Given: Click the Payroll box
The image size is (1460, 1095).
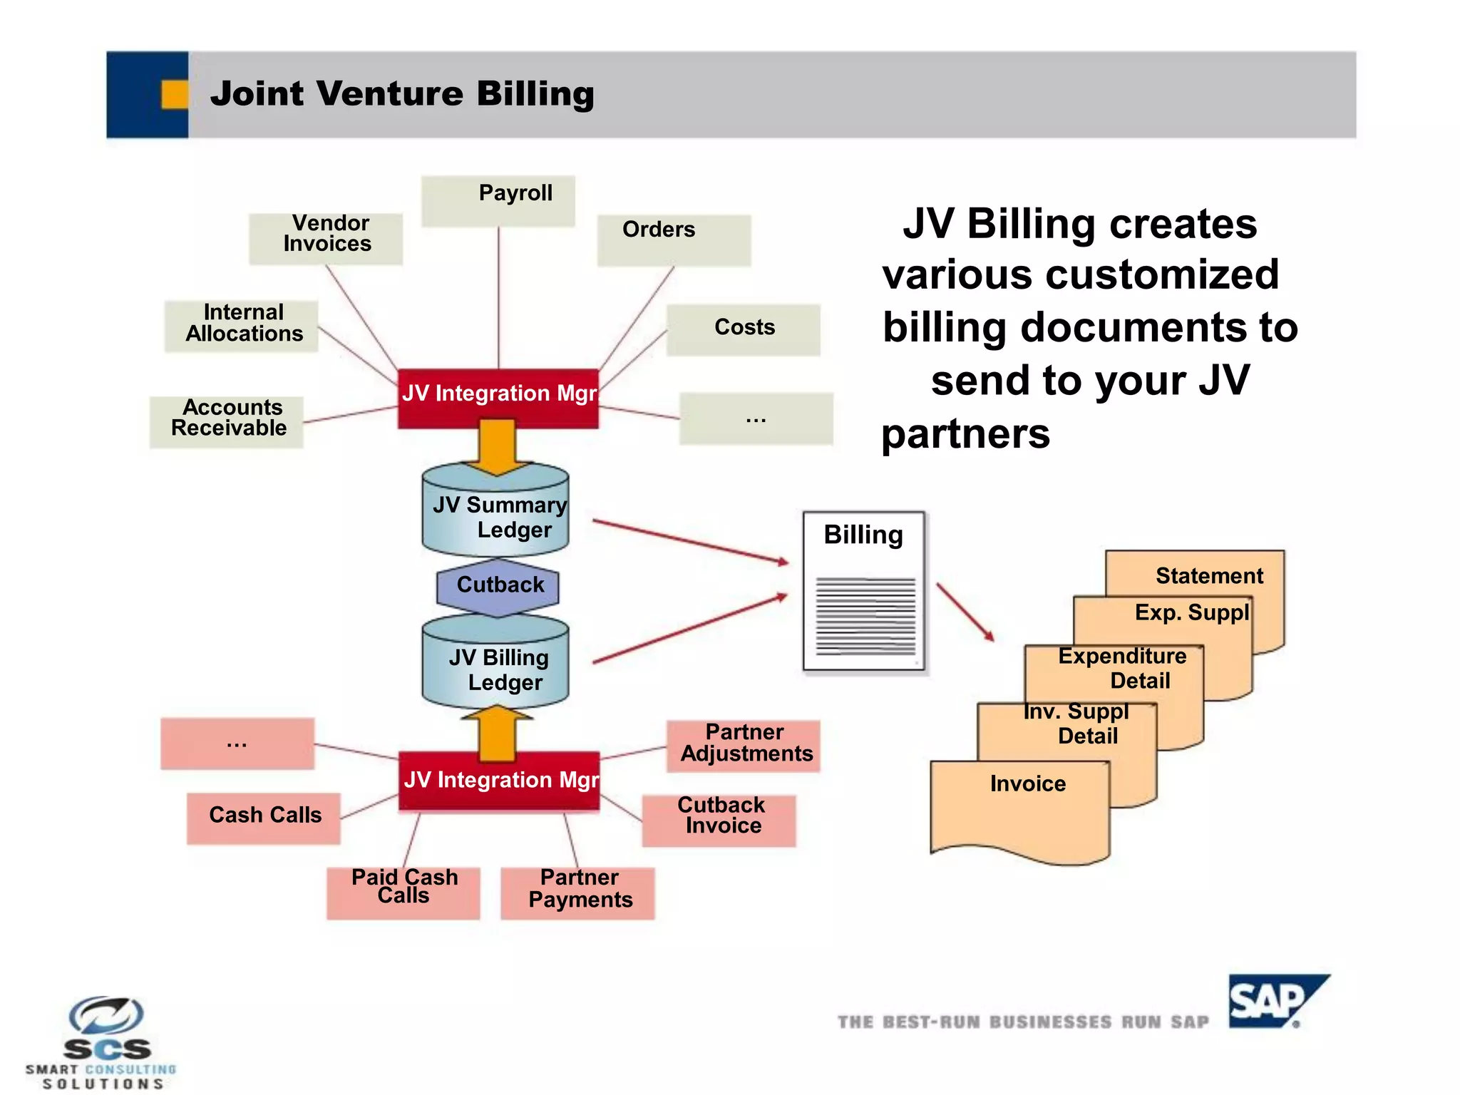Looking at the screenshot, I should pyautogui.click(x=498, y=200).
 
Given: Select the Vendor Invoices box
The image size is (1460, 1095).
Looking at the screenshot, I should pyautogui.click(x=326, y=238).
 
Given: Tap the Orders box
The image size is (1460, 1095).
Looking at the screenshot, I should pyautogui.click(x=674, y=240).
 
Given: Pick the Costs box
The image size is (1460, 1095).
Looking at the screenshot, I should pyautogui.click(x=743, y=329).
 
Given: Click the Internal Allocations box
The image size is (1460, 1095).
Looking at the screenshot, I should pyautogui.click(x=241, y=325).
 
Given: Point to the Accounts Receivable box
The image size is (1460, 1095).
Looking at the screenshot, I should pyautogui.click(x=227, y=421).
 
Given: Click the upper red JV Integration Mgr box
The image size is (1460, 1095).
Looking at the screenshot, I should pyautogui.click(x=498, y=398).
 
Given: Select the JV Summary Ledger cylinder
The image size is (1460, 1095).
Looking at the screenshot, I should pyautogui.click(x=495, y=516).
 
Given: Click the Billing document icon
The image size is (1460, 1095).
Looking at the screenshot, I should pyautogui.click(x=864, y=592).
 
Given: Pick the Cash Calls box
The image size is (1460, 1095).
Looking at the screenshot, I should pyautogui.click(x=264, y=817).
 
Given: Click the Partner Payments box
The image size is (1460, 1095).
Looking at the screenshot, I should pyautogui.click(x=577, y=892).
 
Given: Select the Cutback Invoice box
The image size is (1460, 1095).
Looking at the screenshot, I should pyautogui.click(x=719, y=820).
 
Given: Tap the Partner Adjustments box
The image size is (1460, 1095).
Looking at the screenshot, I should pyautogui.click(x=744, y=746).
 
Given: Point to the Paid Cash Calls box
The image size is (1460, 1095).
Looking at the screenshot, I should pyautogui.click(x=403, y=892).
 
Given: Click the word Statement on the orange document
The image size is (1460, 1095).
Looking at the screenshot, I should pyautogui.click(x=1208, y=575).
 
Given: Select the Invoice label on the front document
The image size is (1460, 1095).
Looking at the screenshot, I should pyautogui.click(x=1027, y=783).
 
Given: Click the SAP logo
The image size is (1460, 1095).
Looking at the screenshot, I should pyautogui.click(x=1275, y=1001).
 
